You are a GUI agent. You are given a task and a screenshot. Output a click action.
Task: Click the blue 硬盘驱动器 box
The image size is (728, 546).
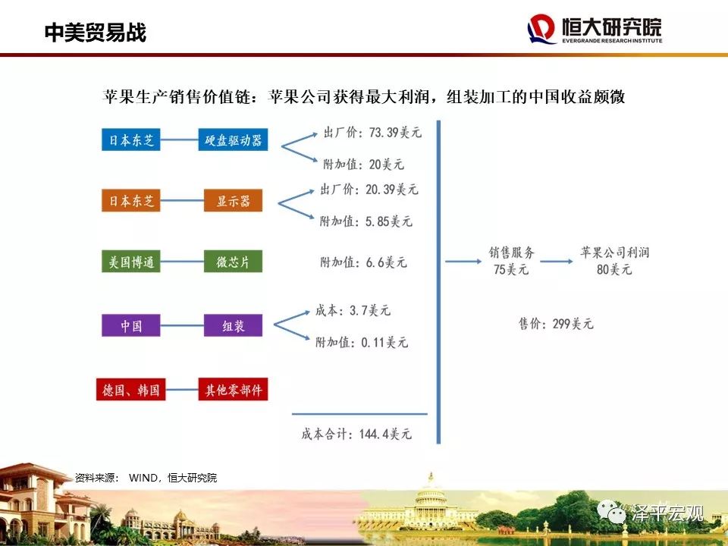pos(233,140)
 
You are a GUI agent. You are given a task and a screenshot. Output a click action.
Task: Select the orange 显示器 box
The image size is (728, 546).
pos(233,200)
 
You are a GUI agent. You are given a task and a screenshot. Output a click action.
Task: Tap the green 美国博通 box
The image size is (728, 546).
pos(131,262)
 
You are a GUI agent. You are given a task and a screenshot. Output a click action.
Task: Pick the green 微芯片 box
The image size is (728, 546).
pos(233,262)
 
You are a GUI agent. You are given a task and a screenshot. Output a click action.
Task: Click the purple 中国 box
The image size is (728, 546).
pos(131,325)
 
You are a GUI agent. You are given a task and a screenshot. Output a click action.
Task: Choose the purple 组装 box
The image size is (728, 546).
pos(233,325)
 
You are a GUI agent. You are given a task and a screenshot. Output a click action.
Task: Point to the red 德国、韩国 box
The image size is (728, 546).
pos(131,389)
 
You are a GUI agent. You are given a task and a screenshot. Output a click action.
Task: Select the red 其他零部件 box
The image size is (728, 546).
pos(233,389)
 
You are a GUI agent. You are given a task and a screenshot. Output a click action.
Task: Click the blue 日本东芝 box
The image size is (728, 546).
pos(131,140)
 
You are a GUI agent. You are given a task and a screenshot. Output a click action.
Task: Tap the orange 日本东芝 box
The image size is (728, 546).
pos(131,200)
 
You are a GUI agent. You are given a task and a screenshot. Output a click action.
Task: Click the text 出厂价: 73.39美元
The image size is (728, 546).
pos(373,133)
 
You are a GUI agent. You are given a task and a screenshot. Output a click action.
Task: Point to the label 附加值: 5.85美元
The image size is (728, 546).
pos(366,221)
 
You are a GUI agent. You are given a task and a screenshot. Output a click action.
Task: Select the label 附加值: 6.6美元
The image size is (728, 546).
pos(363,262)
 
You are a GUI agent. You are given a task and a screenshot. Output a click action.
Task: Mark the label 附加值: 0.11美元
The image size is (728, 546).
pos(362,342)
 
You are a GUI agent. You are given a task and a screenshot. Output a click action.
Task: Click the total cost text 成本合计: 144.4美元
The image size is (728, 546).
pos(356,434)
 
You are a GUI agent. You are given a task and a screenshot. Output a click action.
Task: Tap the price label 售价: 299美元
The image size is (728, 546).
pos(556,324)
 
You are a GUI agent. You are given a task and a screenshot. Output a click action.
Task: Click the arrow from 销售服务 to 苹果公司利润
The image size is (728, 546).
pos(556,262)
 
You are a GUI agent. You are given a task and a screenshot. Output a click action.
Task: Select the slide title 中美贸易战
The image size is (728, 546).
pos(96,33)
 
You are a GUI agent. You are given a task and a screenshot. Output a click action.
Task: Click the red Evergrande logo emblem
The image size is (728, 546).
pos(541,29)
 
